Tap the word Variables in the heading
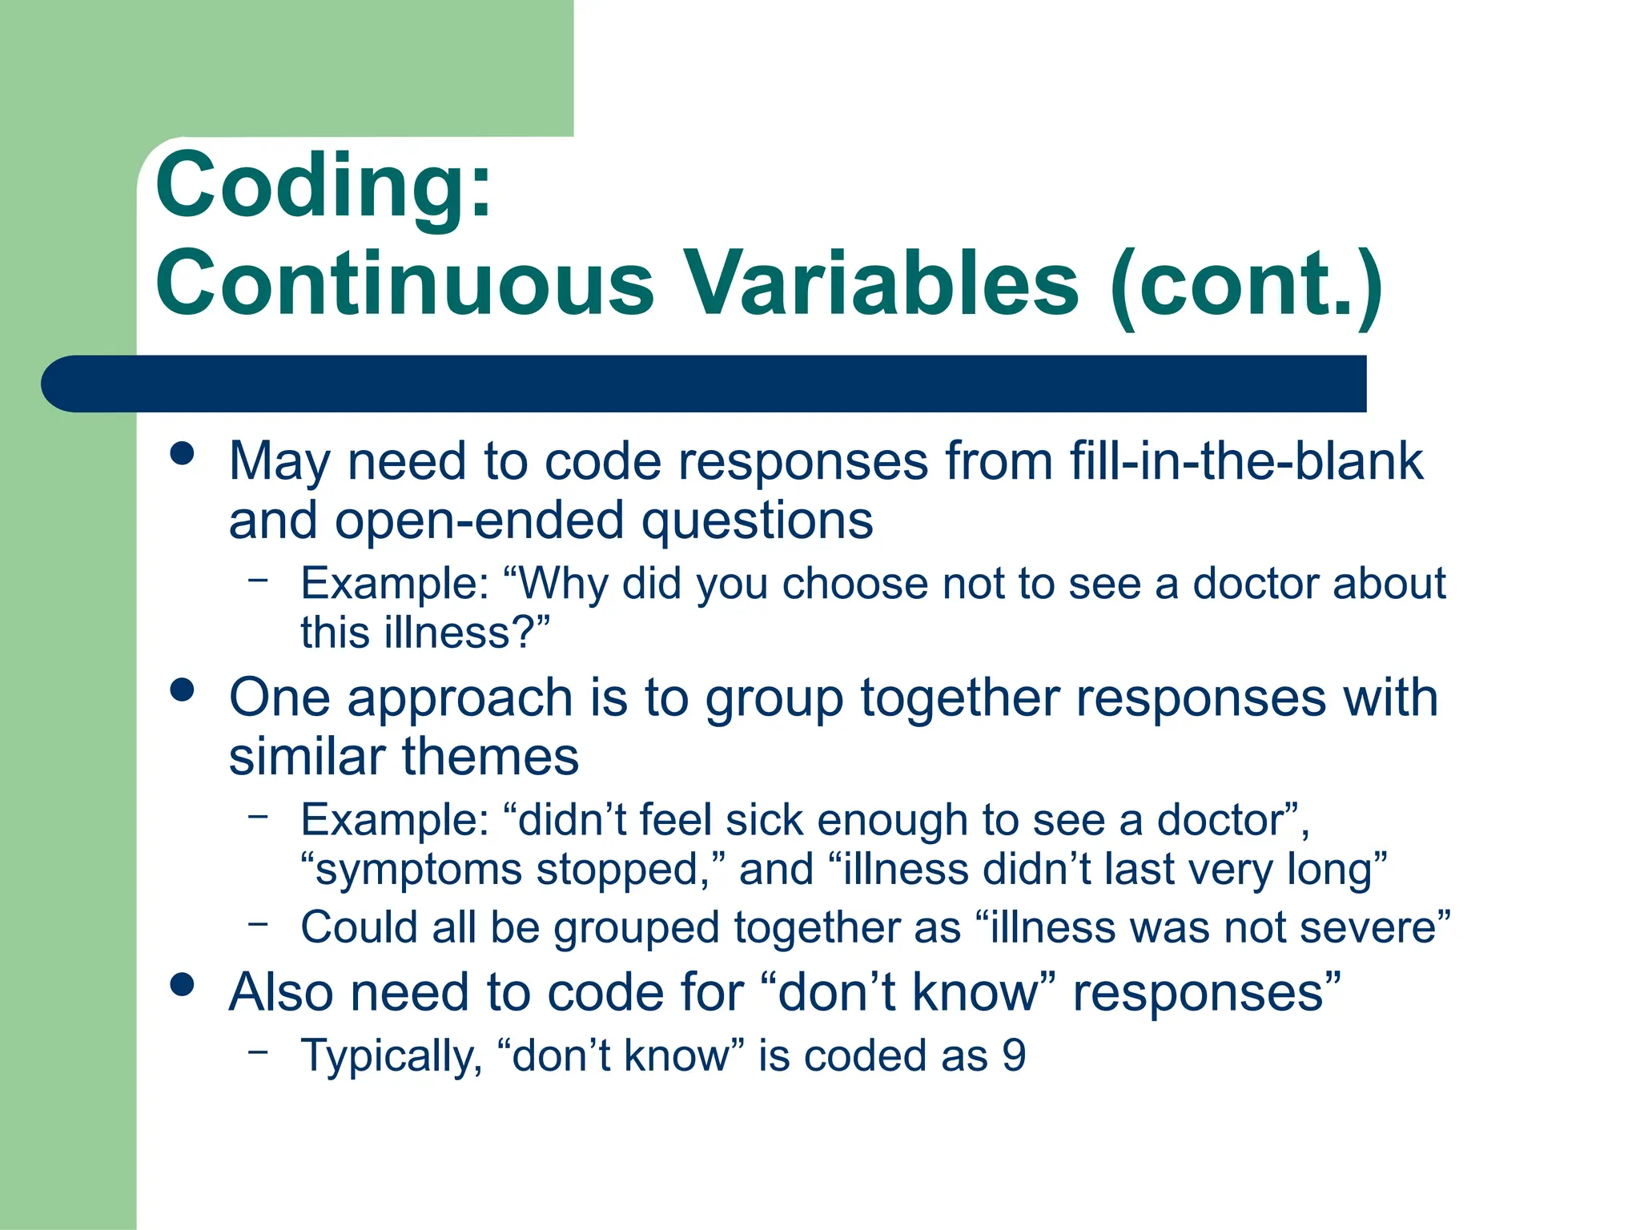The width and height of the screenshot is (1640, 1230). [x=881, y=283]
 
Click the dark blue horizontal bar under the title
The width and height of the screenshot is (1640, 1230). [x=705, y=384]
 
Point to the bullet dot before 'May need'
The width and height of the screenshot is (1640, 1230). [x=183, y=453]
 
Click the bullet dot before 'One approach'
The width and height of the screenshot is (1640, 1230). [x=183, y=689]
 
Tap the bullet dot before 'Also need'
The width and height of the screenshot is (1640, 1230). [x=183, y=984]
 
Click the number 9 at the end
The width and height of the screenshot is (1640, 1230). [x=1014, y=1056]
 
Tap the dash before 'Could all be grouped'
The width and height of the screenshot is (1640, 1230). [x=258, y=923]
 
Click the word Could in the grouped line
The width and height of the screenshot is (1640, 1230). [x=359, y=928]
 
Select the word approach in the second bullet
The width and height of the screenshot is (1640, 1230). [x=460, y=699]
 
